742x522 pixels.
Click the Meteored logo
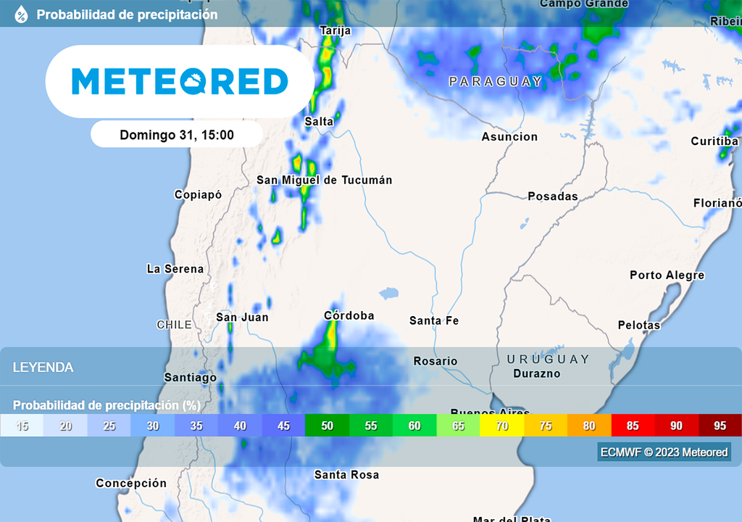(x=180, y=81)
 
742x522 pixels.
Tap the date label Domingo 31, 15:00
(x=177, y=135)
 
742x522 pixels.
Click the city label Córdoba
(x=349, y=316)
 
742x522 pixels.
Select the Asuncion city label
(x=509, y=137)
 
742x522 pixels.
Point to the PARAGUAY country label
(x=496, y=82)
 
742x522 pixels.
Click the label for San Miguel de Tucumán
(x=324, y=181)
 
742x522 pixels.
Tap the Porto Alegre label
(x=667, y=275)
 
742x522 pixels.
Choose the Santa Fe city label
(x=434, y=320)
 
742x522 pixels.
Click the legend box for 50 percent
(x=327, y=426)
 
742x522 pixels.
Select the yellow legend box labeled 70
(x=501, y=426)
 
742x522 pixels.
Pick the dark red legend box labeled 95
(x=720, y=426)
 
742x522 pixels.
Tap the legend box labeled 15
(x=22, y=426)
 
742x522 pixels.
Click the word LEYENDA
(x=43, y=368)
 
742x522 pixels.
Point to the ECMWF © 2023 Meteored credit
(x=664, y=452)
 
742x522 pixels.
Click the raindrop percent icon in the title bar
(x=21, y=14)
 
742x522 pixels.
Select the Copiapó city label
(x=198, y=195)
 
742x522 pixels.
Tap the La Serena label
(x=175, y=269)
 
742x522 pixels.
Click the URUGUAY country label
(x=548, y=360)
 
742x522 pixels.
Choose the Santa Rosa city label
(x=346, y=475)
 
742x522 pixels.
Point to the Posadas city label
(x=553, y=196)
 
